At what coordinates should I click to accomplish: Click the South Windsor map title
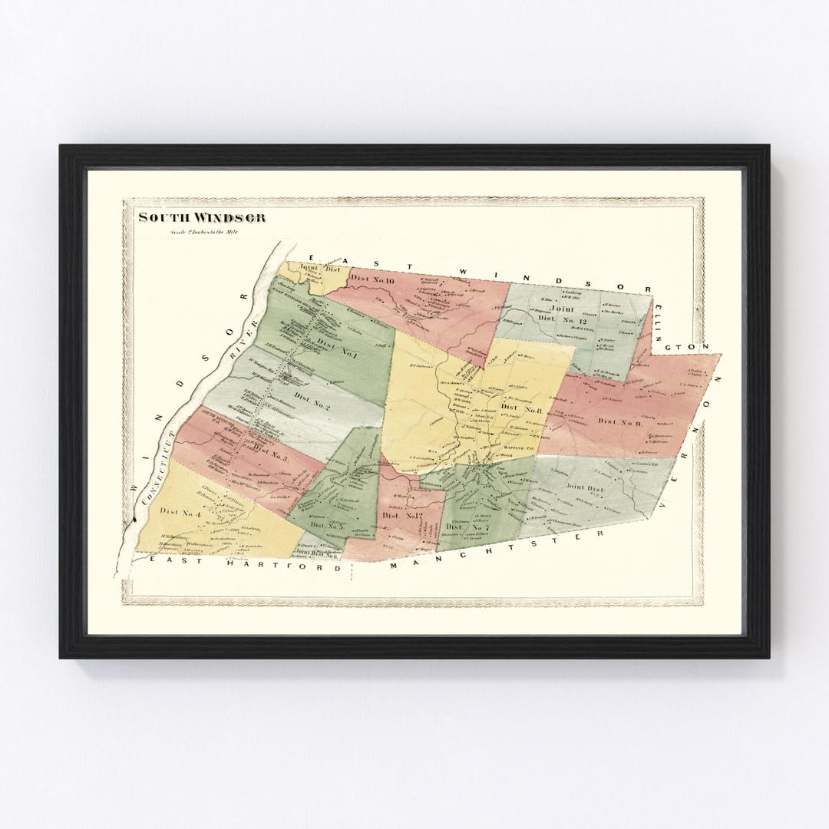[202, 217]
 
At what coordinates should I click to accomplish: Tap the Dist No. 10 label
[372, 280]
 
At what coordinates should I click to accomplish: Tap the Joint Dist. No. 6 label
[316, 552]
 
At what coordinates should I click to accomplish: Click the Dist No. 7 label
[465, 527]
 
